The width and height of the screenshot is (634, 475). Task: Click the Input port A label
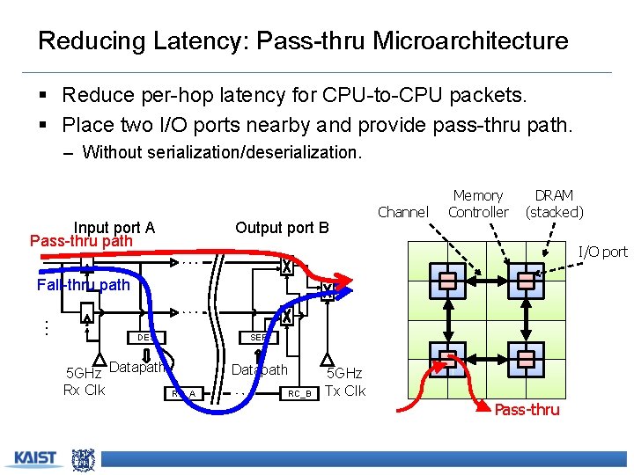coord(114,228)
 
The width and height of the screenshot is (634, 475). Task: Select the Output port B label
coord(282,228)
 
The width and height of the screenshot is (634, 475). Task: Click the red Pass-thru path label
coord(81,241)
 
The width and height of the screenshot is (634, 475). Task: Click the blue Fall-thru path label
coord(83,285)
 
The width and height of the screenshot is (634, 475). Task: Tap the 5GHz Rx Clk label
coord(85,382)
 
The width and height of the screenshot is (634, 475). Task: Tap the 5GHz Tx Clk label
coord(345,383)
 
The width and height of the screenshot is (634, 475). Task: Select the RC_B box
coord(299,393)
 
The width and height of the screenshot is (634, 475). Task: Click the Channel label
coord(402,211)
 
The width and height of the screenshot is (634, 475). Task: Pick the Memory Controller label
coord(477,203)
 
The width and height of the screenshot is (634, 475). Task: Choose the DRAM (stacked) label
coord(554,203)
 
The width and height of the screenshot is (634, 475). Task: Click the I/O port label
coord(602,252)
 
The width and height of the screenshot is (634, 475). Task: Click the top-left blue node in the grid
coord(449,281)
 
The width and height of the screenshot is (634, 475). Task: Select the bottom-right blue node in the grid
coord(526,358)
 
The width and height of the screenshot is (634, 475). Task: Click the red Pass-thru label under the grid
coord(527,410)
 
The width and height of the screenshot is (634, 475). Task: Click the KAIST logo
coord(34,458)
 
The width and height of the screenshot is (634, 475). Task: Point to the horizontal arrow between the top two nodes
coord(487,281)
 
